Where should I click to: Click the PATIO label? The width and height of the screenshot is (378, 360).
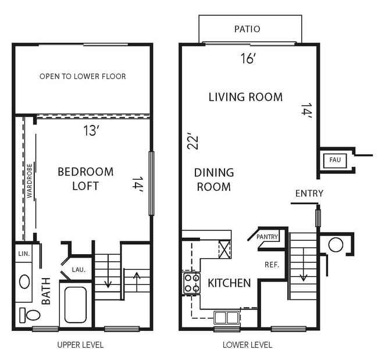pos(247,28)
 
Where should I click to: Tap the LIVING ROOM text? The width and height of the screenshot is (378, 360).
pos(245,97)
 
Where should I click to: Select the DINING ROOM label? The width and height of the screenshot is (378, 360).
pos(213,180)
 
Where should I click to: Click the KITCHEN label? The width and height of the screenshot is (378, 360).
pos(229,283)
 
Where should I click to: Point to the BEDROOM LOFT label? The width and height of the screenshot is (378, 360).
pos(85,179)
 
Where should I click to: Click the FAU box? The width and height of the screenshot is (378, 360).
pos(335,159)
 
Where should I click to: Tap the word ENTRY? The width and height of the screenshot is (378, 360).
pos(309,193)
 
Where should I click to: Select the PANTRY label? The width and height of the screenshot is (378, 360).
pos(268,237)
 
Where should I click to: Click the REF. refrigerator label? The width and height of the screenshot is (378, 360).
pos(272,264)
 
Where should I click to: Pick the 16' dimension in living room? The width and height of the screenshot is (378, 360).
pos(248,58)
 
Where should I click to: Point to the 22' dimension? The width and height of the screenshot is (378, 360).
pos(193,141)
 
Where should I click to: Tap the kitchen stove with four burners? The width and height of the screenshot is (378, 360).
pos(192,283)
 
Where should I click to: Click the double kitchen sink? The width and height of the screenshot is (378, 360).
pos(226,318)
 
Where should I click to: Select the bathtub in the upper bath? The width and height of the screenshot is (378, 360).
pos(76,305)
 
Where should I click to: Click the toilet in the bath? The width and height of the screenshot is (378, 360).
pos(32,315)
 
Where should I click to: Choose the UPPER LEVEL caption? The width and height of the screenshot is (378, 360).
pos(80,345)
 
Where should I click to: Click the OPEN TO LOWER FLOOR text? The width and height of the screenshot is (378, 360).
pos(83,76)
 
